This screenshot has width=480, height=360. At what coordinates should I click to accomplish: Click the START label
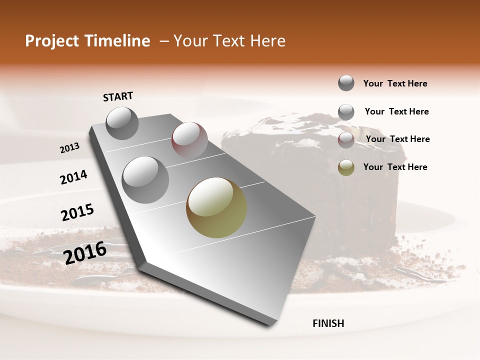118,96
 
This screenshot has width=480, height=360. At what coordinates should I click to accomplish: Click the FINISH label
328,323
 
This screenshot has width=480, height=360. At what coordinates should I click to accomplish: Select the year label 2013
69,148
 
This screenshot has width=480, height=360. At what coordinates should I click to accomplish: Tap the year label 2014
73,177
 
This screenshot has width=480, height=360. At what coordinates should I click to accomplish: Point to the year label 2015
77,212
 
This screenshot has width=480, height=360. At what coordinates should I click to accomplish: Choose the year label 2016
85,252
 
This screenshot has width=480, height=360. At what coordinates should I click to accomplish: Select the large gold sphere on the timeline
216,207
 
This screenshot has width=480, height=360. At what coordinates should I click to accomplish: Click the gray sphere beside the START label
122,123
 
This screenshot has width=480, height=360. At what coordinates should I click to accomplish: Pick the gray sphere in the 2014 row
145,179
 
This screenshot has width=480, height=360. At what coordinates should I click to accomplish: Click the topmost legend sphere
346,83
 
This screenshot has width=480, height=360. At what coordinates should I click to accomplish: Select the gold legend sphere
346,167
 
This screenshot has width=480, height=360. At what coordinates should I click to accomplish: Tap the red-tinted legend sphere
346,140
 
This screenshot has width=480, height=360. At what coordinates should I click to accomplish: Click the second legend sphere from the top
346,112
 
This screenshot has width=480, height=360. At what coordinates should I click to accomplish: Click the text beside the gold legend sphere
395,167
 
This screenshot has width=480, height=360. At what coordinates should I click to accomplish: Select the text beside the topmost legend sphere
395,83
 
